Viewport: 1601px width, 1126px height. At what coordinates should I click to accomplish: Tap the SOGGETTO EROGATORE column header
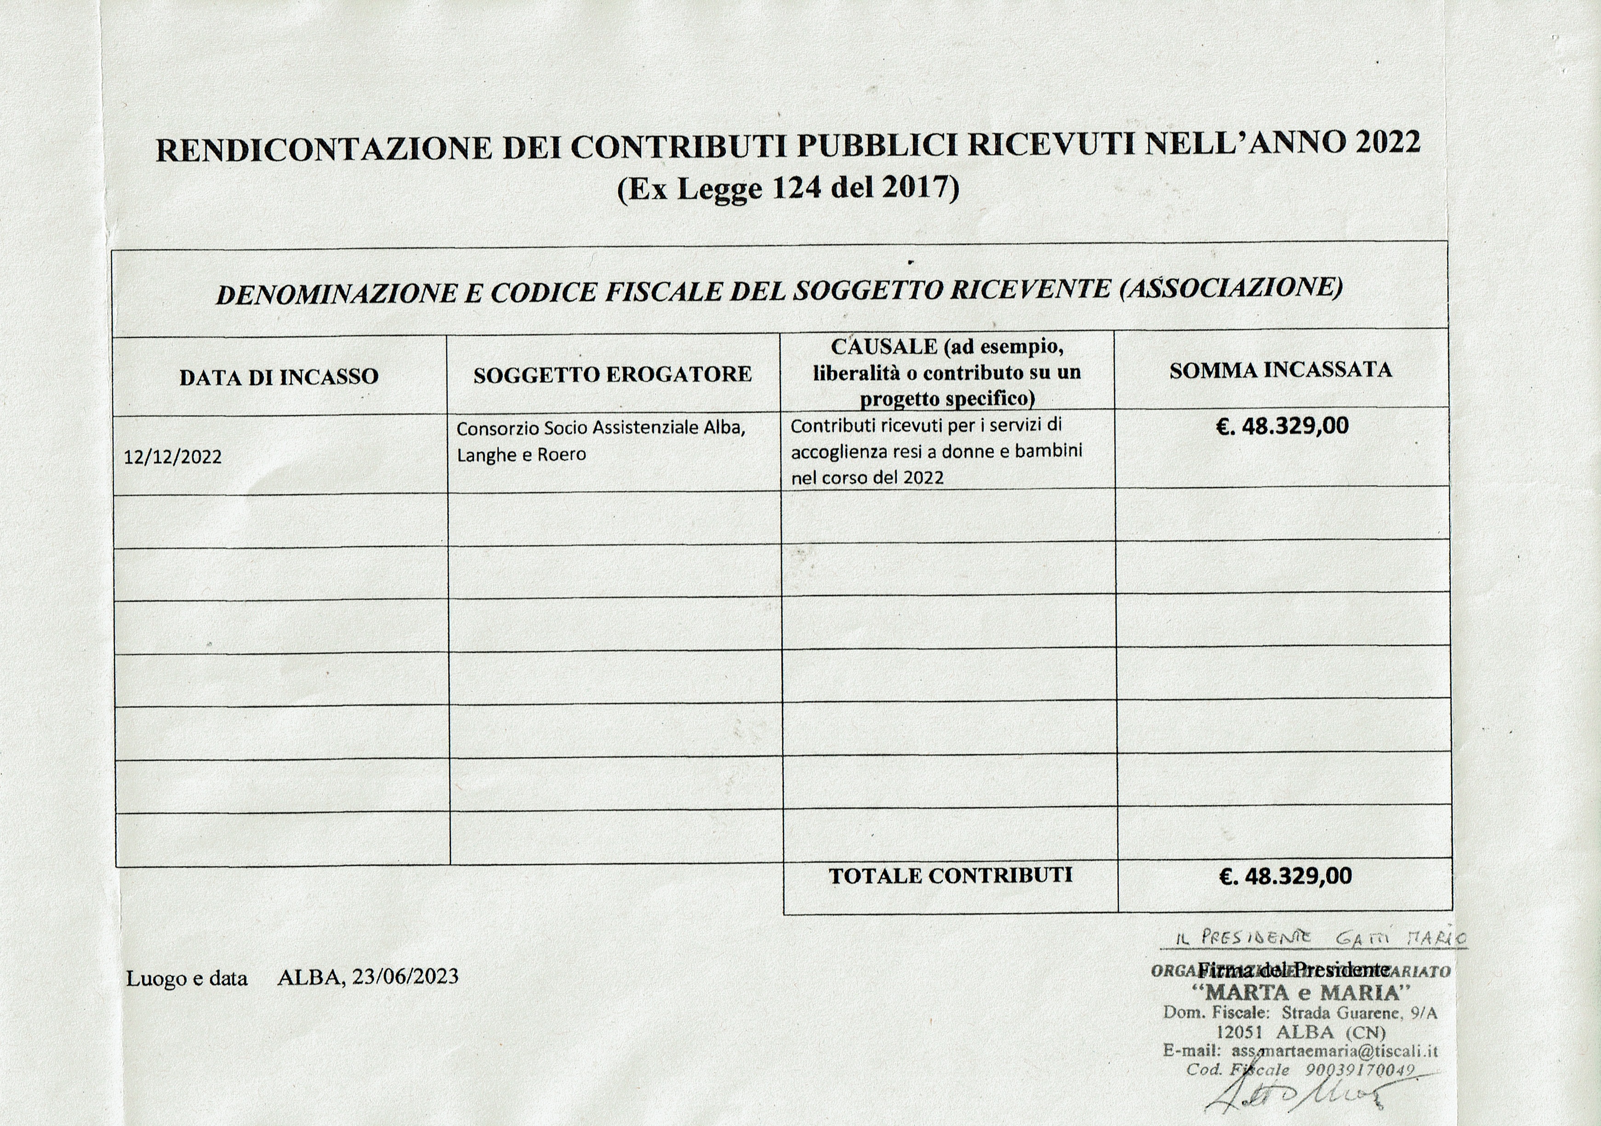pyautogui.click(x=612, y=374)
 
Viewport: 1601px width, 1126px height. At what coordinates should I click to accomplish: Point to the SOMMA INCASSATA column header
pyautogui.click(x=1280, y=370)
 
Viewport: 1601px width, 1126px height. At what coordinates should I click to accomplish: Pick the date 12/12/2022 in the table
pyautogui.click(x=173, y=457)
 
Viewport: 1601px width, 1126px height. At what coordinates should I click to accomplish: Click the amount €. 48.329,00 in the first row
pyautogui.click(x=1282, y=425)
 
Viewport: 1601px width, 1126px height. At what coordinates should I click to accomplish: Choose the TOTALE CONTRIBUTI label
pyautogui.click(x=950, y=875)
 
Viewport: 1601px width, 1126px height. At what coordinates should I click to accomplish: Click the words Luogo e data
pyautogui.click(x=187, y=978)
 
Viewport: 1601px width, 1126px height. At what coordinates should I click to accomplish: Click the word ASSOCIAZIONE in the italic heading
pyautogui.click(x=1231, y=287)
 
